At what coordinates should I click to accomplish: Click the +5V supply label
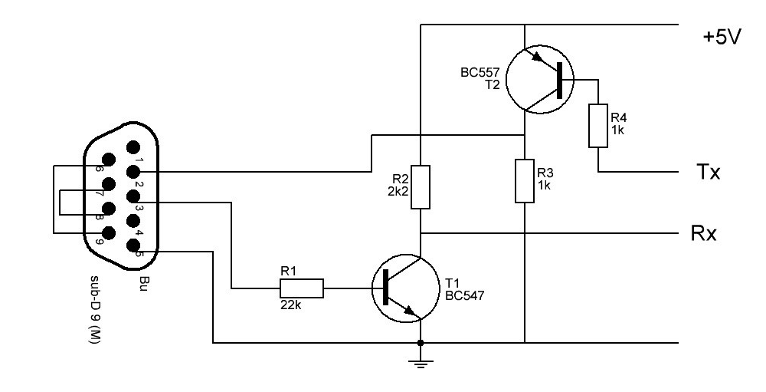pos(722,37)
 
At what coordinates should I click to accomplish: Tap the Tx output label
pos(707,172)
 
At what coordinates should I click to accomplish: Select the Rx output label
pos(703,233)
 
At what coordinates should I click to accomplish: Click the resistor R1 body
pos(301,288)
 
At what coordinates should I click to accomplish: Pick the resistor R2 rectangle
pos(420,187)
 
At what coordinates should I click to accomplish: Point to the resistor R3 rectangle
pos(524,180)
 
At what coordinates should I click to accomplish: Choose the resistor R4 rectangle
pos(598,126)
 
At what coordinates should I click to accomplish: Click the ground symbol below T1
pos(421,362)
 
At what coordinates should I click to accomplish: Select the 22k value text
pos(290,305)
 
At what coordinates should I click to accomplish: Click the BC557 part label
pos(480,73)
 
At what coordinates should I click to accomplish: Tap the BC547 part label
pos(465,295)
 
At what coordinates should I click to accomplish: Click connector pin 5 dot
pos(132,245)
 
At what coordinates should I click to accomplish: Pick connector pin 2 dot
pos(132,172)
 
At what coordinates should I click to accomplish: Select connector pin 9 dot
pos(109,233)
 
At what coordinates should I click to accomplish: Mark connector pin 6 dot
pos(109,160)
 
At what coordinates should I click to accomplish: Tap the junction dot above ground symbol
pos(421,343)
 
